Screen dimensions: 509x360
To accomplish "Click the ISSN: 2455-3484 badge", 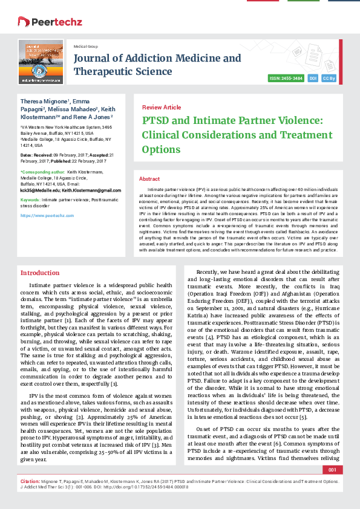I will point(287,79).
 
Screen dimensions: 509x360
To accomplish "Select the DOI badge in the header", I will point(313,79).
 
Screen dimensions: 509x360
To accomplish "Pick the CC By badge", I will point(329,79).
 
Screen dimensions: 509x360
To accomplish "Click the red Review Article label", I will point(161,107).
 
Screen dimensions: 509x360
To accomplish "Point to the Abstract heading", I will point(149,179).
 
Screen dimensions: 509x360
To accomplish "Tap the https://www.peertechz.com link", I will point(43,215).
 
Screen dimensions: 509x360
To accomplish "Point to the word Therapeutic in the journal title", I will point(101,71).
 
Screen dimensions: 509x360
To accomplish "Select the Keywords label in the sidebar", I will point(30,199).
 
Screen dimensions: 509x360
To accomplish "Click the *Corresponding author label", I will point(40,171).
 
